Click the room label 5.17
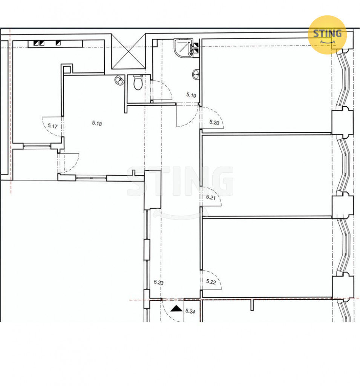(x=52, y=126)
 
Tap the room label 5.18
(x=97, y=123)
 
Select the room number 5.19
(x=191, y=95)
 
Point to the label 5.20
(x=214, y=123)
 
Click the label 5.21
(x=211, y=197)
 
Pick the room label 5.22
(x=211, y=282)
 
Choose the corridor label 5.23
(x=159, y=282)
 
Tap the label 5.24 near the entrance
(x=190, y=311)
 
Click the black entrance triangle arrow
(x=176, y=308)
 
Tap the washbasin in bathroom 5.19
(x=196, y=74)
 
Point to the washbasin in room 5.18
(x=119, y=80)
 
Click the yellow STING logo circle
(x=327, y=35)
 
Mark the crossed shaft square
(x=129, y=52)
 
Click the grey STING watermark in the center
(x=180, y=181)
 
